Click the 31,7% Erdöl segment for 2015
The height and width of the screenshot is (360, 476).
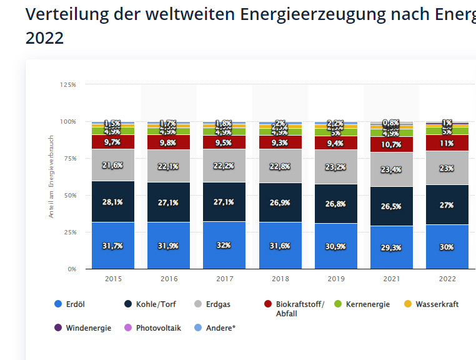[x=113, y=246]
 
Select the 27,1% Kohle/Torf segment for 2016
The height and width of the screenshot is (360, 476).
[x=169, y=202]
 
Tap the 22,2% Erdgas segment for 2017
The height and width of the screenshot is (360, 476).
[x=224, y=166]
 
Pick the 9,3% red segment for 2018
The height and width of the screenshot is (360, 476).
[x=280, y=142]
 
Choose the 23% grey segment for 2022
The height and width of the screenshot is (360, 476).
[x=447, y=168]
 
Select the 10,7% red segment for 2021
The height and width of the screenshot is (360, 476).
[x=391, y=145]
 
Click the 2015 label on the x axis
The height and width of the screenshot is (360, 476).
[x=113, y=279]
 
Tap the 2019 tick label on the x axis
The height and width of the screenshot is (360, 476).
[x=335, y=279]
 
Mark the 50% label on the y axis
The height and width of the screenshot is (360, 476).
[x=69, y=195]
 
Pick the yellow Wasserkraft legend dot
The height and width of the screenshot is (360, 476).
[x=409, y=304]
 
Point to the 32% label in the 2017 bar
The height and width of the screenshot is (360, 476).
[x=224, y=246]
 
